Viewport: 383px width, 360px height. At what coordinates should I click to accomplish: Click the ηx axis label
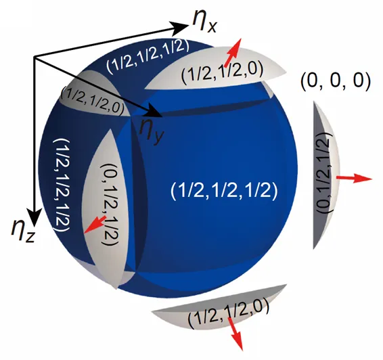pos(204,22)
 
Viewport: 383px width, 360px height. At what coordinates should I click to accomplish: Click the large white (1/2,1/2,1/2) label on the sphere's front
pos(224,190)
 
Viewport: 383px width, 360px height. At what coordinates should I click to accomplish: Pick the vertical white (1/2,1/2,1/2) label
pos(62,185)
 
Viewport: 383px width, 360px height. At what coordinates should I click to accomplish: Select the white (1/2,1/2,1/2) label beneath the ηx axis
pos(148,57)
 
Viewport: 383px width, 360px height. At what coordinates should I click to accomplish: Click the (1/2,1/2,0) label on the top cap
pos(222,71)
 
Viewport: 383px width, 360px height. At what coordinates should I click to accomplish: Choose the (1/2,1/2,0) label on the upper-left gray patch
pos(93,100)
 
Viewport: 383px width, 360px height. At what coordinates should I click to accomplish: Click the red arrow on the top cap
pos(233,52)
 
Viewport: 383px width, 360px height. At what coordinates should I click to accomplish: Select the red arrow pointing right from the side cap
pos(354,179)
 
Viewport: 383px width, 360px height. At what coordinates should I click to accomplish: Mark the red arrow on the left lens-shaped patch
pos(95,223)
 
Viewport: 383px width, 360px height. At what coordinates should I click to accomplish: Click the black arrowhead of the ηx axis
pos(180,26)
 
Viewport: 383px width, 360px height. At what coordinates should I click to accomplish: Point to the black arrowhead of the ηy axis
pos(153,110)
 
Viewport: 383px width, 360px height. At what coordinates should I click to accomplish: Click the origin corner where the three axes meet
pos(35,58)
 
